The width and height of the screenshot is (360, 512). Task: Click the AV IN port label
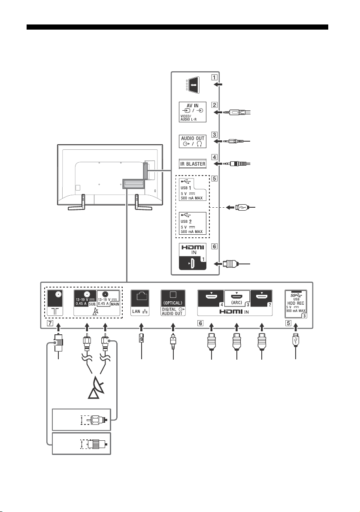[x=193, y=106]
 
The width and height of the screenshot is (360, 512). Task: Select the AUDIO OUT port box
[x=193, y=141]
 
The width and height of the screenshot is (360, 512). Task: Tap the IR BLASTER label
[x=193, y=164]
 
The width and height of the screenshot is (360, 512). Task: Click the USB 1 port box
[x=193, y=189]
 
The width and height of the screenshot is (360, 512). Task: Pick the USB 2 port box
[x=193, y=223]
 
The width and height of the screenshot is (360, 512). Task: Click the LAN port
[x=140, y=303]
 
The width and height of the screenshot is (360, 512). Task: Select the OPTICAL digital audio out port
[x=173, y=303]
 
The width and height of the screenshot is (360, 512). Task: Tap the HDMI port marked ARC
[x=236, y=299]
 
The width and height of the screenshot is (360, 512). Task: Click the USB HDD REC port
[x=296, y=304]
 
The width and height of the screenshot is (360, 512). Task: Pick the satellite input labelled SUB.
[x=85, y=298]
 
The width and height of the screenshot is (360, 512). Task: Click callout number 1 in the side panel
[x=214, y=78]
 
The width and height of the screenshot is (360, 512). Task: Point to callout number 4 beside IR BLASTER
[x=214, y=157]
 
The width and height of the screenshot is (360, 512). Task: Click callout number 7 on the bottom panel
[x=50, y=323]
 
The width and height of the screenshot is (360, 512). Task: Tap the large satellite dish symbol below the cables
[x=96, y=388]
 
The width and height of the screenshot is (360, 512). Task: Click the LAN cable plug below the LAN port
[x=141, y=338]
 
